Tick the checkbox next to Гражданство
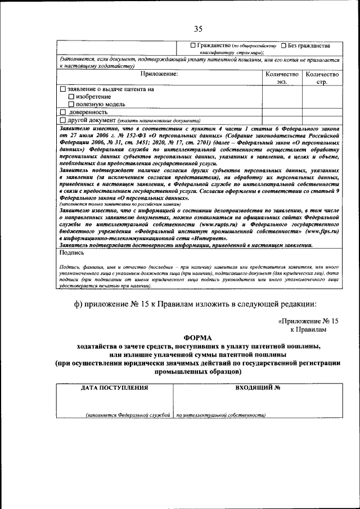[x=193, y=46]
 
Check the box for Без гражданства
[x=284, y=46]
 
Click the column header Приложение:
[x=159, y=74]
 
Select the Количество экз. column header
[x=281, y=78]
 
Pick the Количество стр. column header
[x=322, y=78]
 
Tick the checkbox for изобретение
[x=71, y=97]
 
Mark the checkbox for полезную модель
[x=71, y=104]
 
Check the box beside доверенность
[x=62, y=112]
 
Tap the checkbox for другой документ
[x=62, y=120]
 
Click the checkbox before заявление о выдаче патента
[x=62, y=89]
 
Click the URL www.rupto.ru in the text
[x=210, y=223]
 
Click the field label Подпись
[x=71, y=253]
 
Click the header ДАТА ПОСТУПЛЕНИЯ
[x=115, y=388]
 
